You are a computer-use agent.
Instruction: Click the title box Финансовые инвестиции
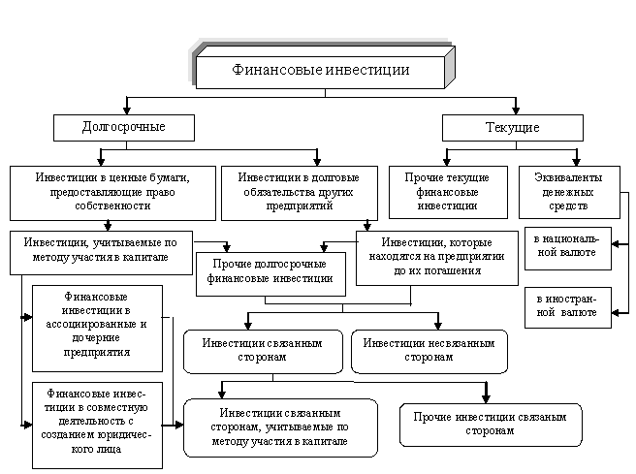click(321, 71)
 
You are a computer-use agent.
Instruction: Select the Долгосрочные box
click(123, 128)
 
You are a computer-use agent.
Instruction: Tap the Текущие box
click(512, 128)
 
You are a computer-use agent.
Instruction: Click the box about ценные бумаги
click(111, 192)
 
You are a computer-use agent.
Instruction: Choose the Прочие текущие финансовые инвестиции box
click(446, 192)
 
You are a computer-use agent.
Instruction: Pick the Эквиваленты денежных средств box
click(568, 192)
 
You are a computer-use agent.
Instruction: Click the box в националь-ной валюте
click(566, 245)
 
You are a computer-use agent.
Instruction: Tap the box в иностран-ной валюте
click(566, 306)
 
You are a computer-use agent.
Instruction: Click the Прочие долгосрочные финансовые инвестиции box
click(270, 270)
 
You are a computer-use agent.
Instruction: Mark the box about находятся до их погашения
click(436, 256)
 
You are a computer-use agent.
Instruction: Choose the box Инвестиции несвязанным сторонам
click(429, 350)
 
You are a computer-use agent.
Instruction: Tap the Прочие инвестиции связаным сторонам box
click(490, 423)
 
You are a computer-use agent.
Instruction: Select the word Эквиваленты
click(568, 177)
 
